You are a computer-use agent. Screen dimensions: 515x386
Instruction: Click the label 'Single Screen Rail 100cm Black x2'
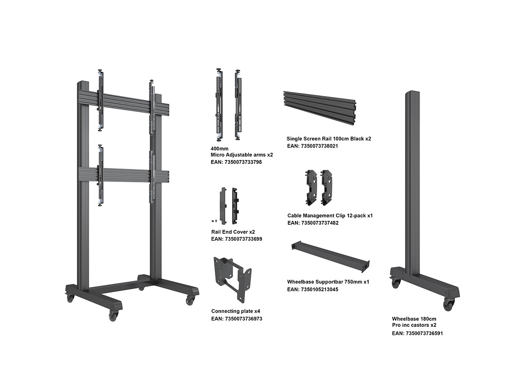coord(329,139)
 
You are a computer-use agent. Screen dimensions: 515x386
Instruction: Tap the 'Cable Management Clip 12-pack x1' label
coord(330,215)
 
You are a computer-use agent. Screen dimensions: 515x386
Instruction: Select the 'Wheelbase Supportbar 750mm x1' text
coord(328,282)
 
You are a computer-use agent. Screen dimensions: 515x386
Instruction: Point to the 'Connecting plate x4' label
coord(236,311)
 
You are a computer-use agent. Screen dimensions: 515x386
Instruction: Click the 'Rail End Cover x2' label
coord(233,232)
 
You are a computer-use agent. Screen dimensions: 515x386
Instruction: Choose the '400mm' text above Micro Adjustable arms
coord(219,148)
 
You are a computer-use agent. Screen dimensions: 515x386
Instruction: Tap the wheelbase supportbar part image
coord(330,256)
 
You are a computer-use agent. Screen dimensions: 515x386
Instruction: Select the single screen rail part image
coord(320,108)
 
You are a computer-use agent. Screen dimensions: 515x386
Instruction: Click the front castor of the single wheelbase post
coord(448,305)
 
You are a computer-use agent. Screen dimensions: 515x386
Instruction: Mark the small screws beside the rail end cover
coord(214,220)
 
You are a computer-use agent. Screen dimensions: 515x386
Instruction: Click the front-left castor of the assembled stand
coord(113,316)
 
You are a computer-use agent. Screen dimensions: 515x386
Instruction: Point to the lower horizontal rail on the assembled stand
coord(124,175)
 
